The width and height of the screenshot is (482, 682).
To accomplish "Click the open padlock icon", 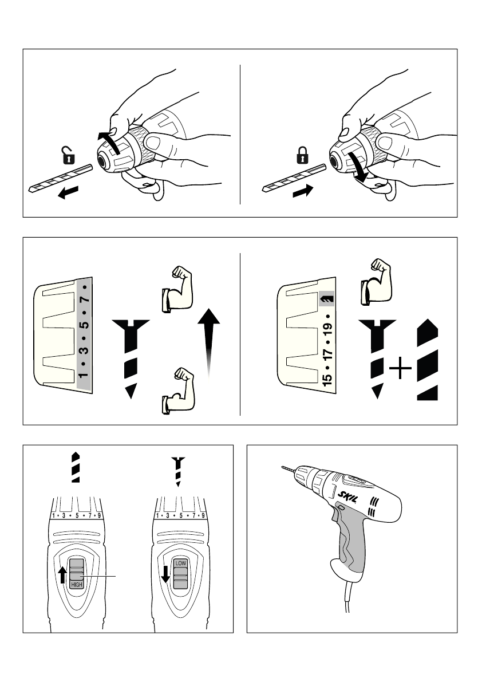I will click(69, 155).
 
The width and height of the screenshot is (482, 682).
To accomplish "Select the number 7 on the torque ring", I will click(85, 299).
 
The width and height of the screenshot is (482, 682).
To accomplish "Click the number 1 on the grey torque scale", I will click(85, 376).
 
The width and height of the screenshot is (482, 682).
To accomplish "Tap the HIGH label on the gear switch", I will click(77, 585).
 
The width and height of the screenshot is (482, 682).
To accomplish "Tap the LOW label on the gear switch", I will click(181, 563).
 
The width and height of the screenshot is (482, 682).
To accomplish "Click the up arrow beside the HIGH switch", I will click(62, 574).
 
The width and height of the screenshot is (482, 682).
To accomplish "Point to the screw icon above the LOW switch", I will click(179, 471).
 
